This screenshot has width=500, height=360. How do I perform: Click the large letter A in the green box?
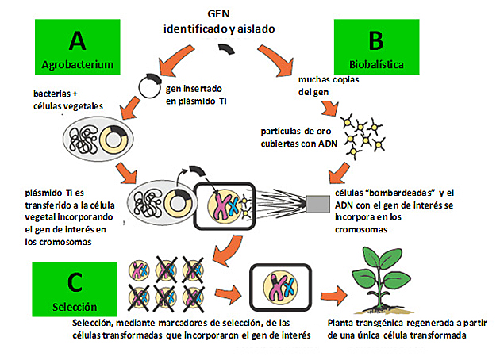(76, 39)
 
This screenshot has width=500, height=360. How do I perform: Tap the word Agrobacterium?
(76, 63)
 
